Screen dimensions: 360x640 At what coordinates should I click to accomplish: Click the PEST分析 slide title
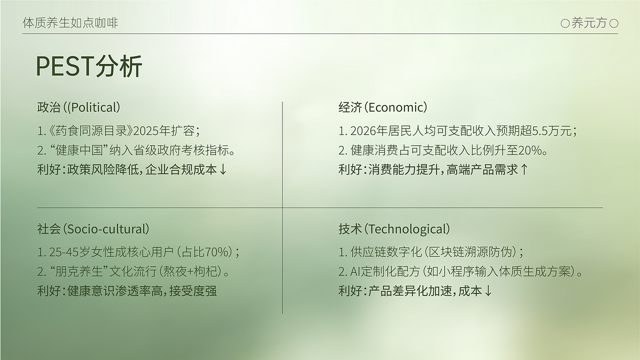89,66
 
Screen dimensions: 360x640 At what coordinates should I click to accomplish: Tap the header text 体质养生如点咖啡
70,22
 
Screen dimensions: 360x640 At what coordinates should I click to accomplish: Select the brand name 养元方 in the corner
589,23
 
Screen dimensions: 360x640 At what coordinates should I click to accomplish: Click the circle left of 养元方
565,23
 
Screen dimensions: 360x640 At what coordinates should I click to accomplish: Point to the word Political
94,107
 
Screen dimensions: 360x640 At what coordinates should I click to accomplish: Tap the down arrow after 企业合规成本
223,169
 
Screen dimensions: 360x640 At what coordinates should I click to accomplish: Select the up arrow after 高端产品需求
524,169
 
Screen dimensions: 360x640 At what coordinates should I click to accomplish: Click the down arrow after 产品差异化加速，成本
488,291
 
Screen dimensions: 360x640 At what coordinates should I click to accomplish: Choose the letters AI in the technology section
355,271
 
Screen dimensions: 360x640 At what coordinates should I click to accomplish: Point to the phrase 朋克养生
79,271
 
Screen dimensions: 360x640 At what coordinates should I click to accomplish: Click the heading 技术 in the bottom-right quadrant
350,229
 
